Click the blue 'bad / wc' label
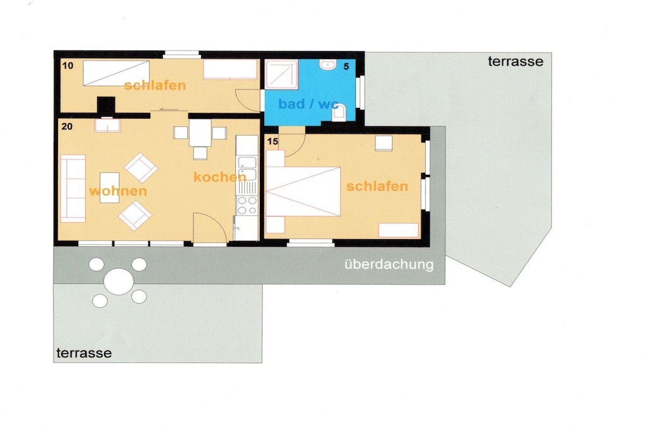coord(308,104)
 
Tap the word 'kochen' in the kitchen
coord(220,177)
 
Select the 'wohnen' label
coord(118,191)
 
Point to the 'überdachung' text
coord(389,264)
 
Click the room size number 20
coord(67,126)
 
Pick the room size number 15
coord(273,141)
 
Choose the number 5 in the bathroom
coord(346,66)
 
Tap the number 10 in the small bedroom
coord(68,66)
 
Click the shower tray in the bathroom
coord(281,74)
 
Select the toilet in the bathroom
coord(338,112)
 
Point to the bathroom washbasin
coord(328,64)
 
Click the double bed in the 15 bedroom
coord(303,191)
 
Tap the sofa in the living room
coord(73,188)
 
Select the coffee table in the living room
coord(110,188)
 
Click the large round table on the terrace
coord(119,281)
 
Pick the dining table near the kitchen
coord(200,133)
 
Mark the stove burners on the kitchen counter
coord(247,205)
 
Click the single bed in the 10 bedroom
coord(116,73)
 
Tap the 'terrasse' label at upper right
coord(515,61)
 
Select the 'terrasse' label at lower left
coord(84,353)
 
